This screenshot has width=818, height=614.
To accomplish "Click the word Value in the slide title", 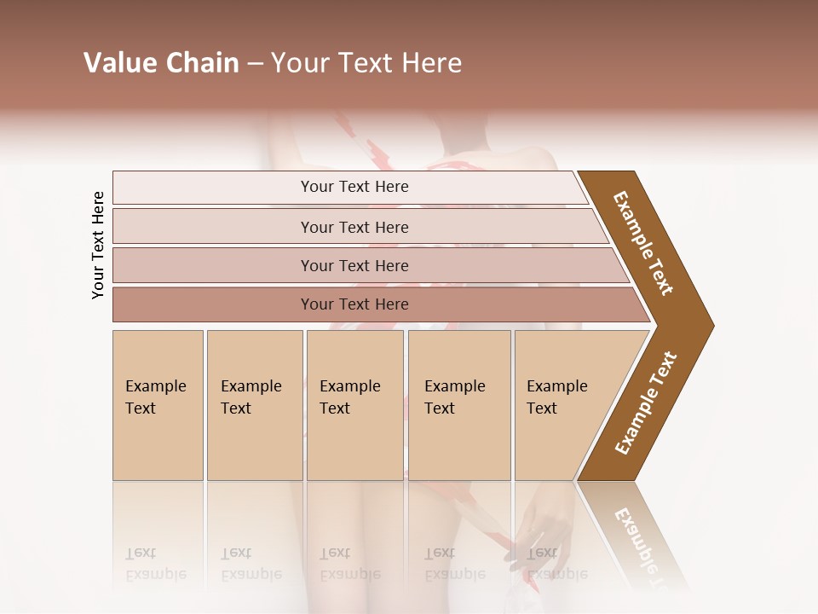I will (118, 63).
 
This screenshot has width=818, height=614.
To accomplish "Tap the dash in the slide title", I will (255, 64).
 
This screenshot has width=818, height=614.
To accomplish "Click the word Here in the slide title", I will (430, 63).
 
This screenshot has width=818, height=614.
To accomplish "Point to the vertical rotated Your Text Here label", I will (98, 246).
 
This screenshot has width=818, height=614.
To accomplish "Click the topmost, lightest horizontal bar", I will (354, 187).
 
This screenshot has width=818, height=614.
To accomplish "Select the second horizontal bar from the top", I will (354, 227).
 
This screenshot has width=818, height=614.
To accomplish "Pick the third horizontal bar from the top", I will (354, 265).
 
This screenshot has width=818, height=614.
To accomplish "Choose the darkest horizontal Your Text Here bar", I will (354, 304).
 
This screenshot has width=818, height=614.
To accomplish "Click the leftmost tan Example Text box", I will (158, 405).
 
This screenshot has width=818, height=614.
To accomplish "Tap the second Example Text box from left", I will (255, 405).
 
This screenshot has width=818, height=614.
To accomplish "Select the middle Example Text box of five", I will (354, 405).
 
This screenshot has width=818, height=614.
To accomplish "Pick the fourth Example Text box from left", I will (459, 405).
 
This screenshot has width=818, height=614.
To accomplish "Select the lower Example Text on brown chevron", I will (646, 403).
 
